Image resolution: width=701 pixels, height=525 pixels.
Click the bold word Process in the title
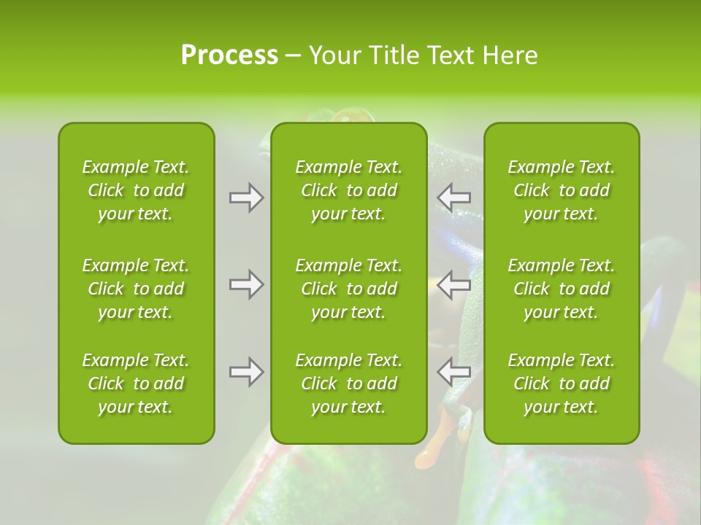[x=229, y=55]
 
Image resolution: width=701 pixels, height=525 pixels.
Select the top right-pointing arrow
[x=246, y=198]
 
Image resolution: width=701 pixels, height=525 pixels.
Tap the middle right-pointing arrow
[x=246, y=284]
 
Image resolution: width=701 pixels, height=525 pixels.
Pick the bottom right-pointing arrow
[x=246, y=372]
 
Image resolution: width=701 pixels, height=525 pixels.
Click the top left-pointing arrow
[x=453, y=198]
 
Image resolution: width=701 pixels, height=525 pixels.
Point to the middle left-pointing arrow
[x=453, y=284]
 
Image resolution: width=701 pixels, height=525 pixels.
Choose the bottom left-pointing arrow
[x=453, y=372]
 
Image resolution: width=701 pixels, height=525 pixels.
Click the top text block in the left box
[x=136, y=190]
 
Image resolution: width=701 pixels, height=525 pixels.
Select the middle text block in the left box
[x=136, y=289]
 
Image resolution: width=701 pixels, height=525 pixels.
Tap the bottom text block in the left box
[x=136, y=384]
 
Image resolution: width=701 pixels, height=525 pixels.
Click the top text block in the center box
[x=348, y=190]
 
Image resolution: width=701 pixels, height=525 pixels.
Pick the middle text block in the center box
[x=348, y=289]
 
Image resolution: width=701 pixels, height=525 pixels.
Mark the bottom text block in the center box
[x=348, y=384]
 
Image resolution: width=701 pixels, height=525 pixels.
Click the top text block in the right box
[x=561, y=190]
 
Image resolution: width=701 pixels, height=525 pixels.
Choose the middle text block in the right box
[x=561, y=289]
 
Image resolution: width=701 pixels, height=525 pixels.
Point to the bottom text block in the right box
[x=561, y=384]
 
